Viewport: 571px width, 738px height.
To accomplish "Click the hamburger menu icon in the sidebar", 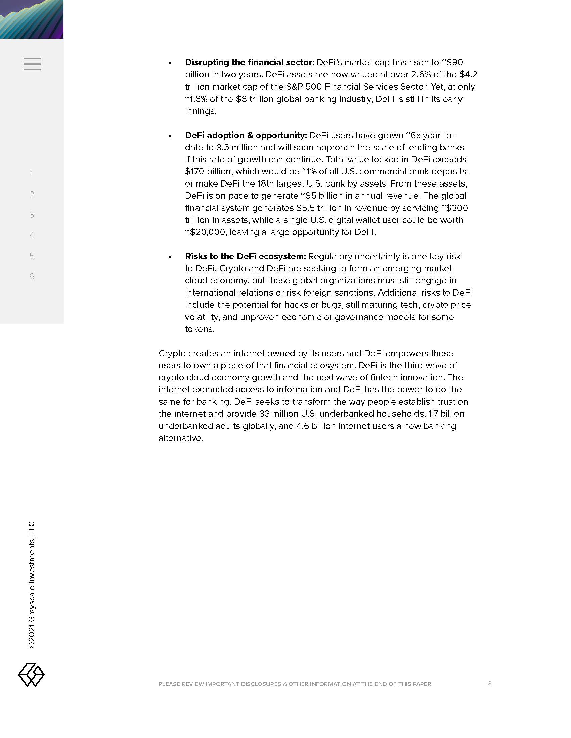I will coord(33,64).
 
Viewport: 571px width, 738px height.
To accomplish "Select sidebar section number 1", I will coord(32,174).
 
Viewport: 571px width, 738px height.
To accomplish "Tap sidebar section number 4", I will coord(32,235).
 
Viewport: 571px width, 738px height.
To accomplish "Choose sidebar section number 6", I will coord(32,276).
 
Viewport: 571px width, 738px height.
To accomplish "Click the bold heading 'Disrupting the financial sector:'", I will coord(250,62).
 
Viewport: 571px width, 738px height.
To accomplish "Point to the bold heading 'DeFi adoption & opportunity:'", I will coord(246,135).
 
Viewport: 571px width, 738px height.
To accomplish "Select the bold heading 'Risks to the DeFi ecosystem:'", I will coord(245,256).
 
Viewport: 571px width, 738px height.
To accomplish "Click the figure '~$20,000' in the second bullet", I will coord(205,232).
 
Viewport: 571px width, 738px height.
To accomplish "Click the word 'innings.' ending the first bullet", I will coord(201,111).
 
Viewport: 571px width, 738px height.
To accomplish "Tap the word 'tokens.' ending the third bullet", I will coord(200,329).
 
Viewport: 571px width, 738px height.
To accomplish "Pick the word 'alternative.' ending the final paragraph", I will coord(181,438).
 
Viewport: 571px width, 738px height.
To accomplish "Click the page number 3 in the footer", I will coord(490,683).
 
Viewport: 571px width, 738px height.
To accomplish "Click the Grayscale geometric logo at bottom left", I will coord(31,675).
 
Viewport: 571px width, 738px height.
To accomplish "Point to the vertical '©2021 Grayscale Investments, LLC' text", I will coord(32,585).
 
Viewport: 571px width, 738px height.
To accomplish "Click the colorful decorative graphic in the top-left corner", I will coord(32,19).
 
